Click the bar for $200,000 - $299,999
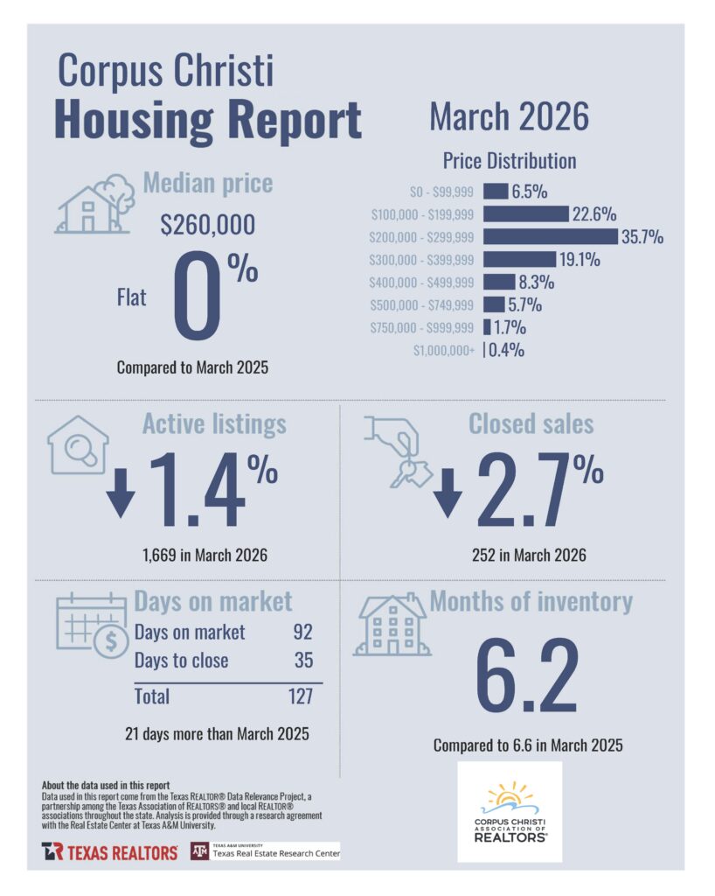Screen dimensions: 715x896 click(551, 236)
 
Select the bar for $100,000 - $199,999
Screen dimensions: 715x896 click(526, 213)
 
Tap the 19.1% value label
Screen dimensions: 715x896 click(580, 259)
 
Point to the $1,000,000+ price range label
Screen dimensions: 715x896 click(444, 350)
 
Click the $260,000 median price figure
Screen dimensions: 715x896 click(208, 224)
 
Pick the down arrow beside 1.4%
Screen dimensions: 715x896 click(121, 493)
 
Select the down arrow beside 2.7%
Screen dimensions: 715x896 click(448, 493)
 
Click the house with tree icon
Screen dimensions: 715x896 click(95, 203)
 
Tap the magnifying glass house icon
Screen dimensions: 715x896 click(78, 444)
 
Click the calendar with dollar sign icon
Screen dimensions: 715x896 click(92, 625)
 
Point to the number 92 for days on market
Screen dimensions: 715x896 click(303, 632)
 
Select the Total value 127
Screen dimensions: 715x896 click(301, 696)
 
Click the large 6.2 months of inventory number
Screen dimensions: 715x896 click(527, 675)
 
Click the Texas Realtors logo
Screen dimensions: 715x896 click(109, 852)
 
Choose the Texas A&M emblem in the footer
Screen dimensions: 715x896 click(199, 851)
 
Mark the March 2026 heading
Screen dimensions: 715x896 click(509, 116)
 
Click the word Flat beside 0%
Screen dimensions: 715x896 click(131, 297)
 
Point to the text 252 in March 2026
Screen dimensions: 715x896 click(529, 555)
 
